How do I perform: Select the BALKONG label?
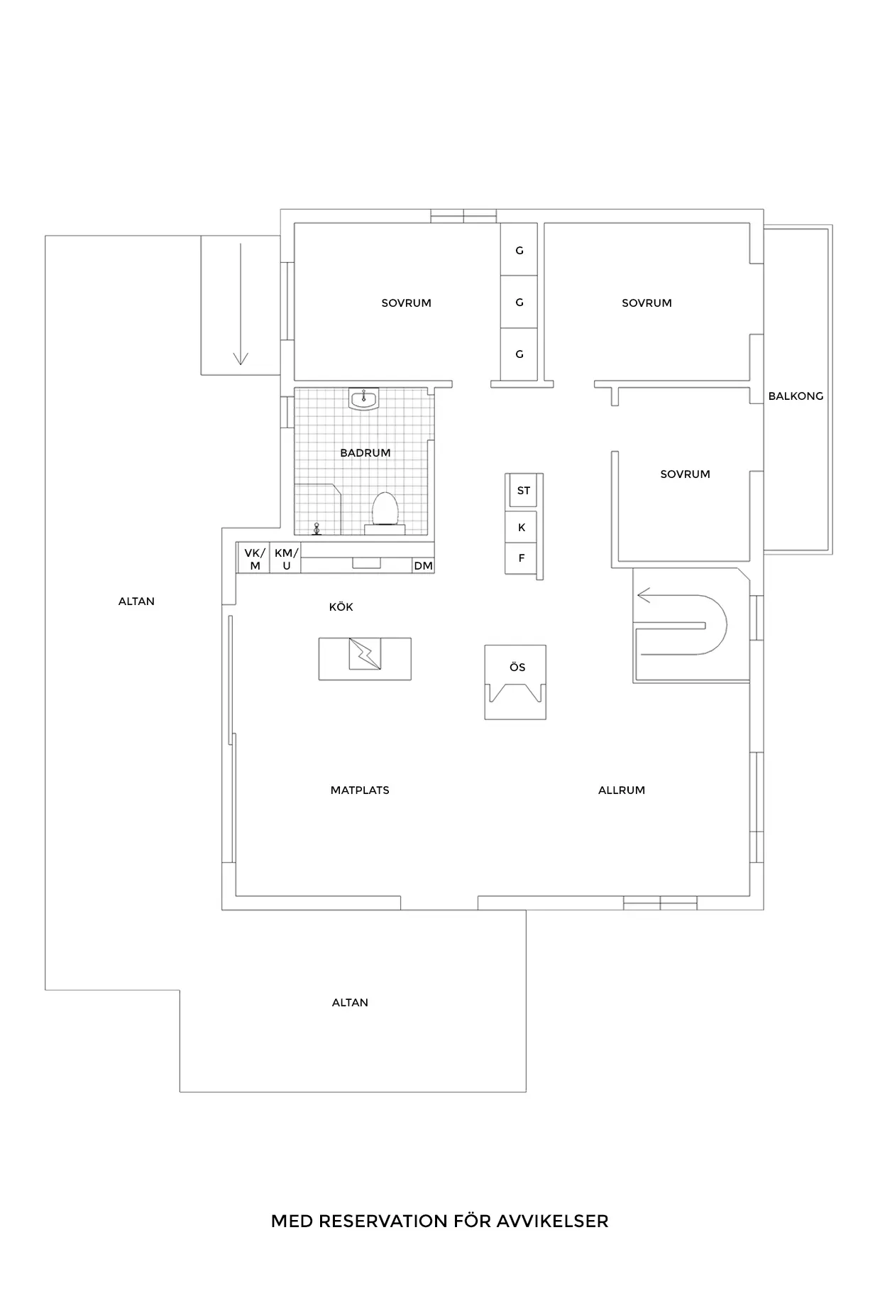[x=796, y=396]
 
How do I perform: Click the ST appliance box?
[x=523, y=491]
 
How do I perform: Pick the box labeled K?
[x=522, y=528]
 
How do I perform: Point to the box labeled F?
[x=522, y=558]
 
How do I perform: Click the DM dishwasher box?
[x=423, y=565]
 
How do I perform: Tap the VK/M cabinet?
[x=253, y=558]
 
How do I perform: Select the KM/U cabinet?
[x=285, y=558]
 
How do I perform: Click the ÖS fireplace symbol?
[x=515, y=682]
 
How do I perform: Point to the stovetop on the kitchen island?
[x=365, y=654]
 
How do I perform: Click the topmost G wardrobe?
[x=519, y=250]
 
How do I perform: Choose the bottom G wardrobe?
[x=519, y=354]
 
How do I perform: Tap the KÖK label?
[x=341, y=607]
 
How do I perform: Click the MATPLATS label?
[x=360, y=790]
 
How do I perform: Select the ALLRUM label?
[x=622, y=790]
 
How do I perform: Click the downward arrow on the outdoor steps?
[x=241, y=304]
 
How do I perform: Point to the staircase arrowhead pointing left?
[x=643, y=595]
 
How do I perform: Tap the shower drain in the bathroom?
[x=317, y=529]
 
